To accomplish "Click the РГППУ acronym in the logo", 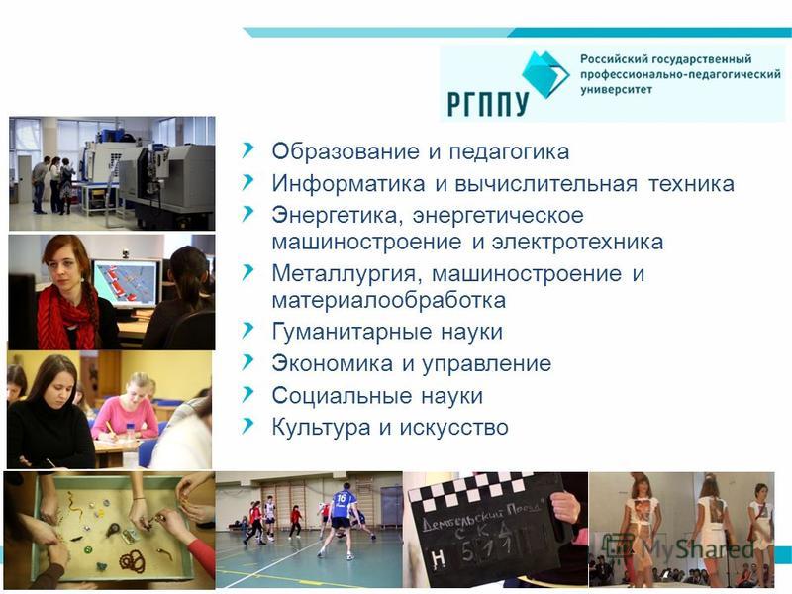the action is [487, 104].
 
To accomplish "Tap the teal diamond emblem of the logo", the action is [544, 73].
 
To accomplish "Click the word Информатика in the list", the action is [348, 183].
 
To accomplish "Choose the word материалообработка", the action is [388, 300].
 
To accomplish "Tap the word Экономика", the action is [332, 363].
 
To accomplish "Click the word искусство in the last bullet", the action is [453, 428].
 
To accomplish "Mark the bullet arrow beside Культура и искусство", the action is [247, 427].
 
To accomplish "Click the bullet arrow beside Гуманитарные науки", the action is [247, 331].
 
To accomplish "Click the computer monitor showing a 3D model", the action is [126, 283].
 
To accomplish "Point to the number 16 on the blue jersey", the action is [342, 499].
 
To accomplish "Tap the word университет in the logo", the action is [616, 90].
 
